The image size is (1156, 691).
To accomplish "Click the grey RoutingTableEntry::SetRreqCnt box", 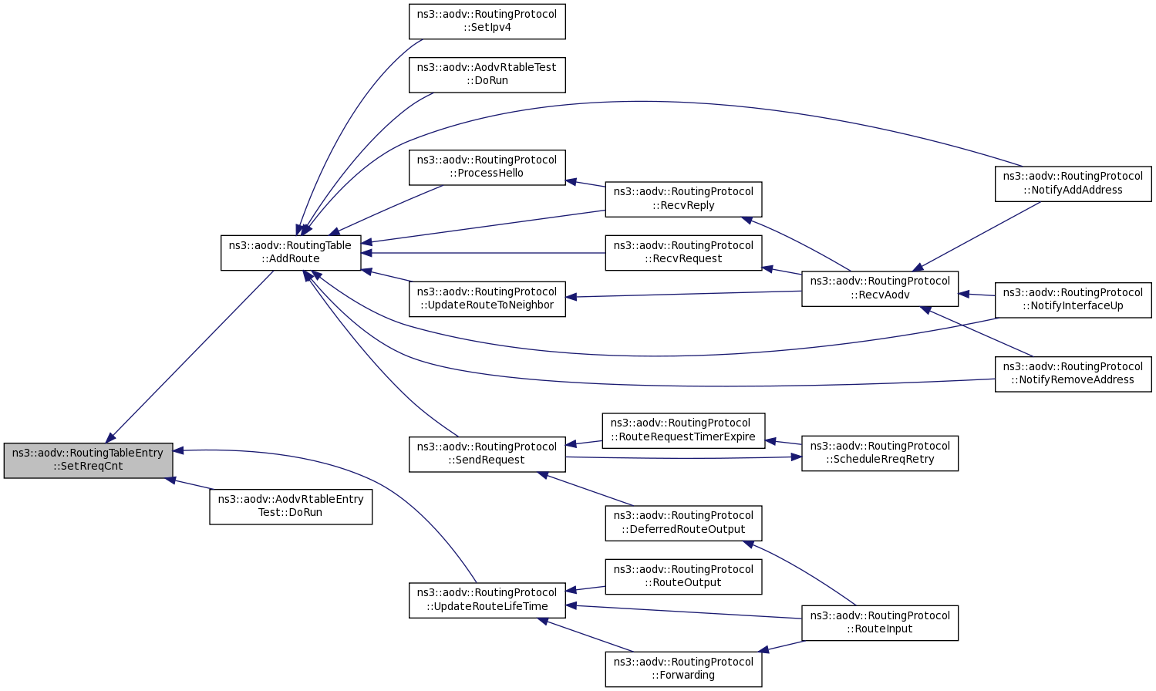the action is (88, 460).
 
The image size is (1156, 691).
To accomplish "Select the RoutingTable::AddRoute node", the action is (291, 252).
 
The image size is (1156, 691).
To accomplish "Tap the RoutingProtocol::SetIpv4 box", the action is (487, 21).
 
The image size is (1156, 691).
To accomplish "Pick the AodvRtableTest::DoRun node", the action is (487, 75).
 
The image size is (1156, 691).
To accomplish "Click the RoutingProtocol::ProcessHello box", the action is (487, 167).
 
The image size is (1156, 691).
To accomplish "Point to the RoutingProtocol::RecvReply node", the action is (683, 199).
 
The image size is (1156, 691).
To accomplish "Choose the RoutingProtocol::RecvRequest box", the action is (683, 252).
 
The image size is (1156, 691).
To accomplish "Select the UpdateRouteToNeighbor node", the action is (487, 298).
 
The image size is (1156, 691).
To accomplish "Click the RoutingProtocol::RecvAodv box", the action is (880, 288).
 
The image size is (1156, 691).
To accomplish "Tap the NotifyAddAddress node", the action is (1073, 184).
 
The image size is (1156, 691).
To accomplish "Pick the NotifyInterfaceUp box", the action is (1073, 300).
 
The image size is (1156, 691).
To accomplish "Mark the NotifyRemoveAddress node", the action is (1073, 374).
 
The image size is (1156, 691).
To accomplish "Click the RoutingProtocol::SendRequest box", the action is (487, 454).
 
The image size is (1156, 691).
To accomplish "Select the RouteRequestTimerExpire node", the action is (683, 430).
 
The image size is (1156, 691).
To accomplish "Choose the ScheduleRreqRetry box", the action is (880, 453).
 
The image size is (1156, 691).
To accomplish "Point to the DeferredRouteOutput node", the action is (683, 524).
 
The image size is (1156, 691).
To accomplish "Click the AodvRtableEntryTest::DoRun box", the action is (291, 507).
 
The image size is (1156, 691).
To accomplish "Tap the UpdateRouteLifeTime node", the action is (487, 600).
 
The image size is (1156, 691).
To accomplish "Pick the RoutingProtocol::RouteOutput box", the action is (683, 576).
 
